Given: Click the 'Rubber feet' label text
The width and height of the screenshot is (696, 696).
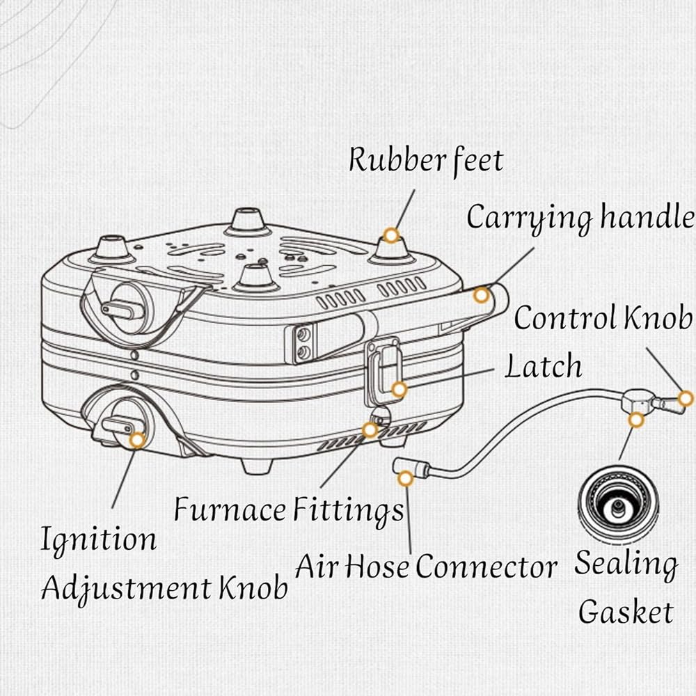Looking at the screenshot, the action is click(426, 161).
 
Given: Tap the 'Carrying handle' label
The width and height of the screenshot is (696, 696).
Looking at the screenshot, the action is click(580, 219).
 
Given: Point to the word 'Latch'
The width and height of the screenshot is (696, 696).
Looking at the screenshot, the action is click(544, 367).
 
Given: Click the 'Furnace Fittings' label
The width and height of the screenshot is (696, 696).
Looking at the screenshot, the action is click(289, 509).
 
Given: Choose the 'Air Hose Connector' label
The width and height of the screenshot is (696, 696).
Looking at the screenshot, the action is click(426, 567).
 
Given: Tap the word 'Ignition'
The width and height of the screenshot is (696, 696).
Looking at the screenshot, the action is click(99, 540).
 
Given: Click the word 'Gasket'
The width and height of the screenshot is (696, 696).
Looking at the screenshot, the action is click(626, 612).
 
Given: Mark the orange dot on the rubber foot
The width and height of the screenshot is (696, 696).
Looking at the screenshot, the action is click(391, 235).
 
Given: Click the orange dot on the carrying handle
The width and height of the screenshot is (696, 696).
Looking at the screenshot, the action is click(481, 295).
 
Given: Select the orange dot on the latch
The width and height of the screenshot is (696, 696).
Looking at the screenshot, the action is click(399, 390).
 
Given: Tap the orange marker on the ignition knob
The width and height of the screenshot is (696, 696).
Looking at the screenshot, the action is click(138, 440).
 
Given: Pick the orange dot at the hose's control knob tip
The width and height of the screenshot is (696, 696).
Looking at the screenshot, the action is click(686, 399).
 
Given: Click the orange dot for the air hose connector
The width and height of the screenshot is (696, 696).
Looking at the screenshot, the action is click(405, 479).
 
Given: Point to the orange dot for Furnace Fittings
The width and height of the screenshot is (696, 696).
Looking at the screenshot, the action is click(370, 429).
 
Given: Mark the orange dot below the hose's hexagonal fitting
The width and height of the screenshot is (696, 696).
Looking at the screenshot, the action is click(636, 420).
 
